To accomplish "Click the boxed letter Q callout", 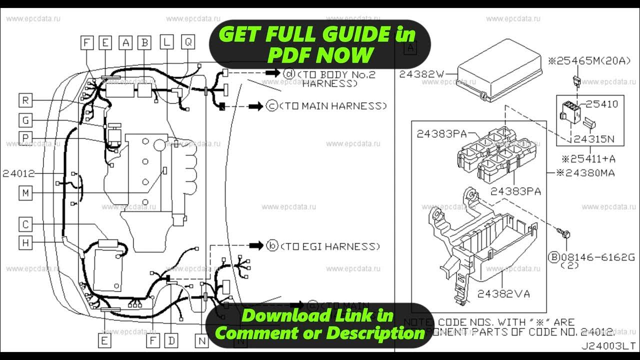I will [188, 42].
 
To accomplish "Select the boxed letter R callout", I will [25, 100].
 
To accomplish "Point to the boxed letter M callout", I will [25, 192].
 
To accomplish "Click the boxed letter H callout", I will [25, 242].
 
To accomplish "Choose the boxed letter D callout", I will [171, 341].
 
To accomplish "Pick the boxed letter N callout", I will [201, 341].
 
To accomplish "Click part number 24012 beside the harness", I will [18, 173].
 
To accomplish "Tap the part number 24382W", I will [421, 74].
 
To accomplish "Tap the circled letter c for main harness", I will [271, 106].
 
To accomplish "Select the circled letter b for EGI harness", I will [272, 246].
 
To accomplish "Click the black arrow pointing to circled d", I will [272, 73].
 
